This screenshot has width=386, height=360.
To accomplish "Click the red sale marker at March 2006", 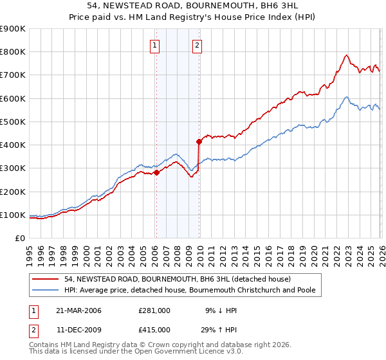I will [156, 172].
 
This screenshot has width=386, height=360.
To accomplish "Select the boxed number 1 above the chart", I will [156, 45].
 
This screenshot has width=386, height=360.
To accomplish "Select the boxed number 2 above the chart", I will [197, 45].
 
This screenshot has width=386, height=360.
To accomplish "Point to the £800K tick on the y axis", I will [13, 52].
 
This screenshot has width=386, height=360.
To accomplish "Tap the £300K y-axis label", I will [13, 168].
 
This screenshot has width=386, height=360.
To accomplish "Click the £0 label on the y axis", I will [19, 239].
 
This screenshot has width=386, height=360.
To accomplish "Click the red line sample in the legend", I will [46, 279].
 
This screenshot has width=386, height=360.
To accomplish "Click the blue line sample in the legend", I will [46, 291].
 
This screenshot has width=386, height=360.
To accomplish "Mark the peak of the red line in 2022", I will [346, 55].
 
